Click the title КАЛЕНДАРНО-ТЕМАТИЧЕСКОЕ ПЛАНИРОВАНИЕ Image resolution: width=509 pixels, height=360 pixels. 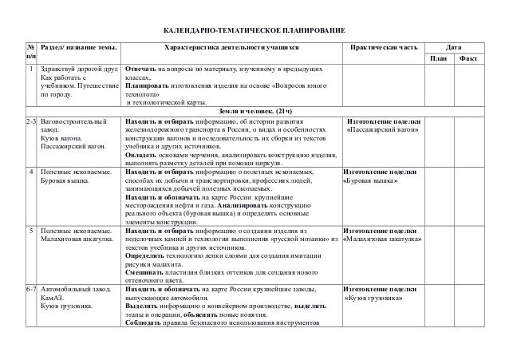pos(254,30)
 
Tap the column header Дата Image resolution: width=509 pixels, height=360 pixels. pos(462,48)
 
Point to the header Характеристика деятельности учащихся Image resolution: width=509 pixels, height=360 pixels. pos(231,48)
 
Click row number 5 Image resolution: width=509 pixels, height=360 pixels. pos(31,230)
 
